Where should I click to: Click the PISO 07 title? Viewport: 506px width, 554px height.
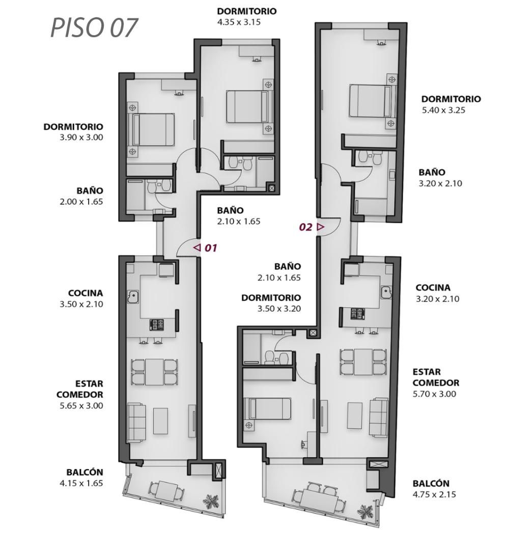point(94,28)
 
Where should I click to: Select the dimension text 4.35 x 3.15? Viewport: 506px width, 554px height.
point(239,22)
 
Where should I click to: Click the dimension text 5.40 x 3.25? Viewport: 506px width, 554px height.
point(443,110)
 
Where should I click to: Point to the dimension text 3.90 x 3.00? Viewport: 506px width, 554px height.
point(81,137)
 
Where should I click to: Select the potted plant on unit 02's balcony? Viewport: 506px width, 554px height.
point(365,511)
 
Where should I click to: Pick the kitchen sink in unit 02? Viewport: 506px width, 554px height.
point(386,292)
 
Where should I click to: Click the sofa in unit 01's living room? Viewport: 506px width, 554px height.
point(136,422)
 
